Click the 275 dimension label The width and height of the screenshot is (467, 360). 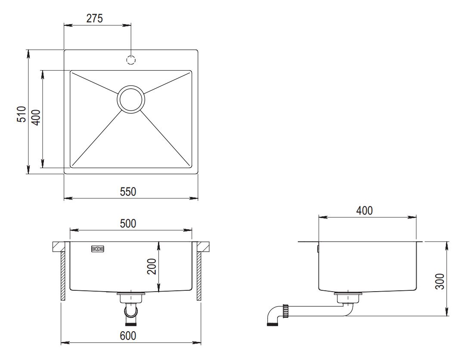94,18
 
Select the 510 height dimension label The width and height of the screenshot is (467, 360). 22,114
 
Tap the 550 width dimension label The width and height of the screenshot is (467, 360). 128,191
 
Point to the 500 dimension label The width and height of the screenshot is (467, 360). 128,223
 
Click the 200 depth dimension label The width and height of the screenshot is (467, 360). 152,267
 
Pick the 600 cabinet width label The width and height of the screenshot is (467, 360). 128,335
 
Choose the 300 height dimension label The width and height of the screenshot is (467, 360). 439,281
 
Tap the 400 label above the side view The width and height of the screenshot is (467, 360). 365,211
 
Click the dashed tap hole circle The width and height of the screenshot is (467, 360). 131,60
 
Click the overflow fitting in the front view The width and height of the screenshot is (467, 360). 98,249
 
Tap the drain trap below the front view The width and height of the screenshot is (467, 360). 131,309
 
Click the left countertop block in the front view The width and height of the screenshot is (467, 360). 59,247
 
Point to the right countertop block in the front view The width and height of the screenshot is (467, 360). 204,247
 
